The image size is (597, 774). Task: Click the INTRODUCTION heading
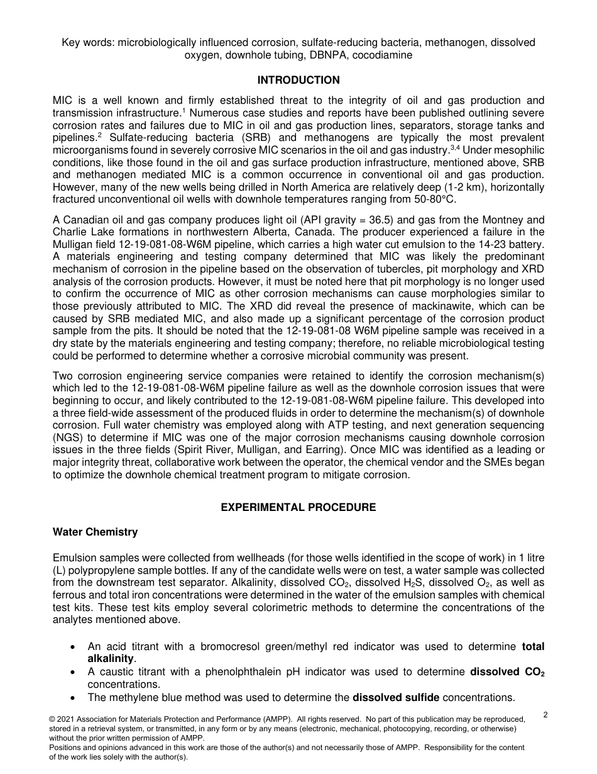tap(298, 80)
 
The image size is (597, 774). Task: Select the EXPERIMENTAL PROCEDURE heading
tap(298, 507)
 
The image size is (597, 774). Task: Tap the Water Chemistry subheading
tap(95, 532)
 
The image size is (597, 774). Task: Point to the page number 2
tap(545, 714)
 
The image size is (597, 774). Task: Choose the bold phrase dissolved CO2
tap(507, 671)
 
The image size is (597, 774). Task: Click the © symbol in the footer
tap(52, 719)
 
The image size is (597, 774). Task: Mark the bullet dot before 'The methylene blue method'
tap(74, 697)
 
